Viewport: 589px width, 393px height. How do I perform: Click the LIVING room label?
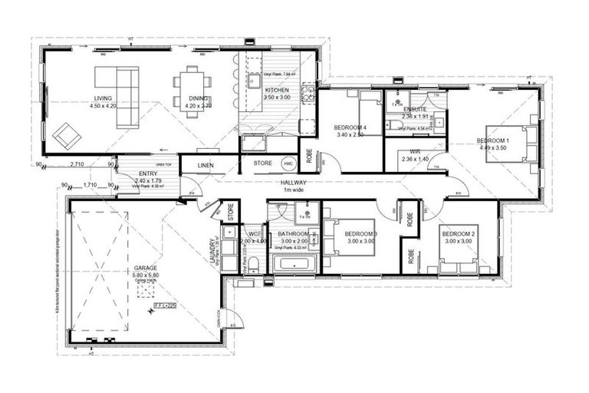103,99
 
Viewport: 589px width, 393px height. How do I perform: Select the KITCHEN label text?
256,90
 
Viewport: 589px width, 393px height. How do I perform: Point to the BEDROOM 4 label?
350,127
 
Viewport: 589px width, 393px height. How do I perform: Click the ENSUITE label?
415,109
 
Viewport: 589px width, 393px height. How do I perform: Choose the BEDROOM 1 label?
492,140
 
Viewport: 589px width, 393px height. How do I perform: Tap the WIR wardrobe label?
415,152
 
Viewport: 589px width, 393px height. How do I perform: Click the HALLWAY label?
294,183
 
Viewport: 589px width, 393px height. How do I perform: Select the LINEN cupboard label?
206,165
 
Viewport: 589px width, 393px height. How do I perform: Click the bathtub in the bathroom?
294,266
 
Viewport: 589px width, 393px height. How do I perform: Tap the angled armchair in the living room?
67,137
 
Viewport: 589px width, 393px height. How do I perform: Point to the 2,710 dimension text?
77,164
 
